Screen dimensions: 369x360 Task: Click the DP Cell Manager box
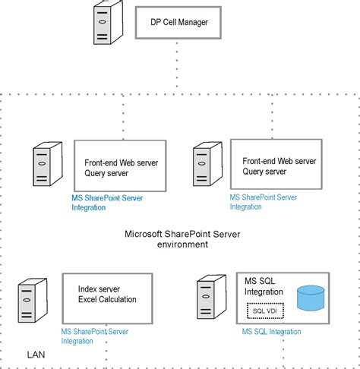pyautogui.click(x=178, y=22)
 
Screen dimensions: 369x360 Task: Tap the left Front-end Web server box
pyautogui.click(x=120, y=166)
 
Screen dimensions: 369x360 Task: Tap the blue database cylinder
pyautogui.click(x=310, y=298)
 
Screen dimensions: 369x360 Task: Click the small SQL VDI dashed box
pyautogui.click(x=265, y=311)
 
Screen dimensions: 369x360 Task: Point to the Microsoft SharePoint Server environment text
pyautogui.click(x=182, y=239)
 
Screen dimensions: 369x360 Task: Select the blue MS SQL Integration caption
pyautogui.click(x=271, y=332)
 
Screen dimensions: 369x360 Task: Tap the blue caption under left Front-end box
pyautogui.click(x=107, y=202)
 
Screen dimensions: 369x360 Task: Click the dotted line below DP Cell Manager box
pyautogui.click(x=178, y=65)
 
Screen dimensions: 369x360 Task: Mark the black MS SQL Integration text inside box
pyautogui.click(x=264, y=286)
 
